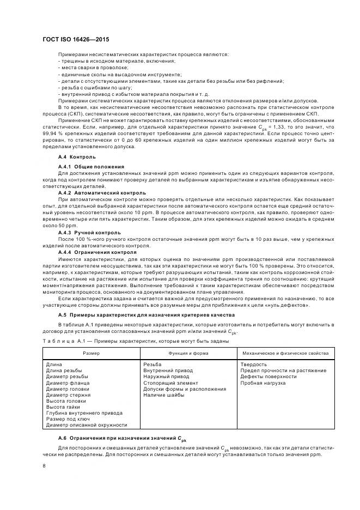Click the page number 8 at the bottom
click(44, 466)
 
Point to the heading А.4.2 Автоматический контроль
click(102, 192)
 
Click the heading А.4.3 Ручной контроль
click(86, 232)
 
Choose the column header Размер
click(90, 353)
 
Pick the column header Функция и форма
click(187, 353)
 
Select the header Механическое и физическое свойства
click(285, 353)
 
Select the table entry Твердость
click(253, 365)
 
